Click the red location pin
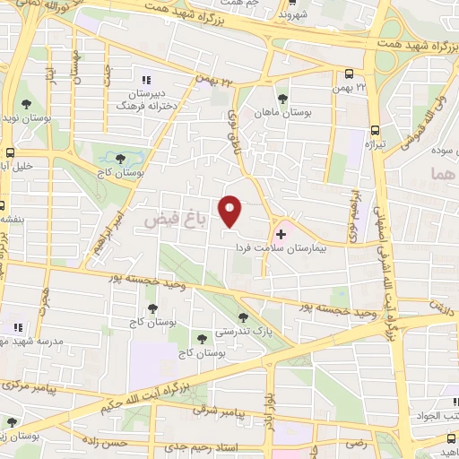(x=231, y=211)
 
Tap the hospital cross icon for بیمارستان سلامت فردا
(x=281, y=233)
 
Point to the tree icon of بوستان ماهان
(x=282, y=99)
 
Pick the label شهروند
(x=292, y=15)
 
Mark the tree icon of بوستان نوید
(x=26, y=104)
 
